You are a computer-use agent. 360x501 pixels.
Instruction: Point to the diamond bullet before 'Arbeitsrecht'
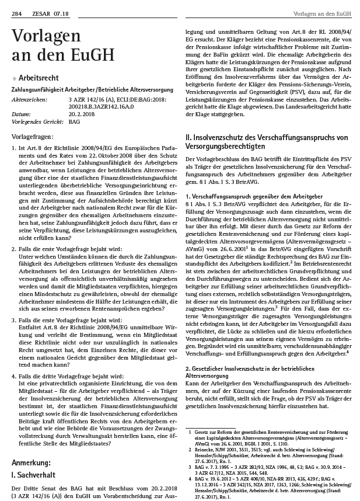click(14, 78)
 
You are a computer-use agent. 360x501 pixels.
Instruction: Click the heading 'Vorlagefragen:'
click(32, 135)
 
